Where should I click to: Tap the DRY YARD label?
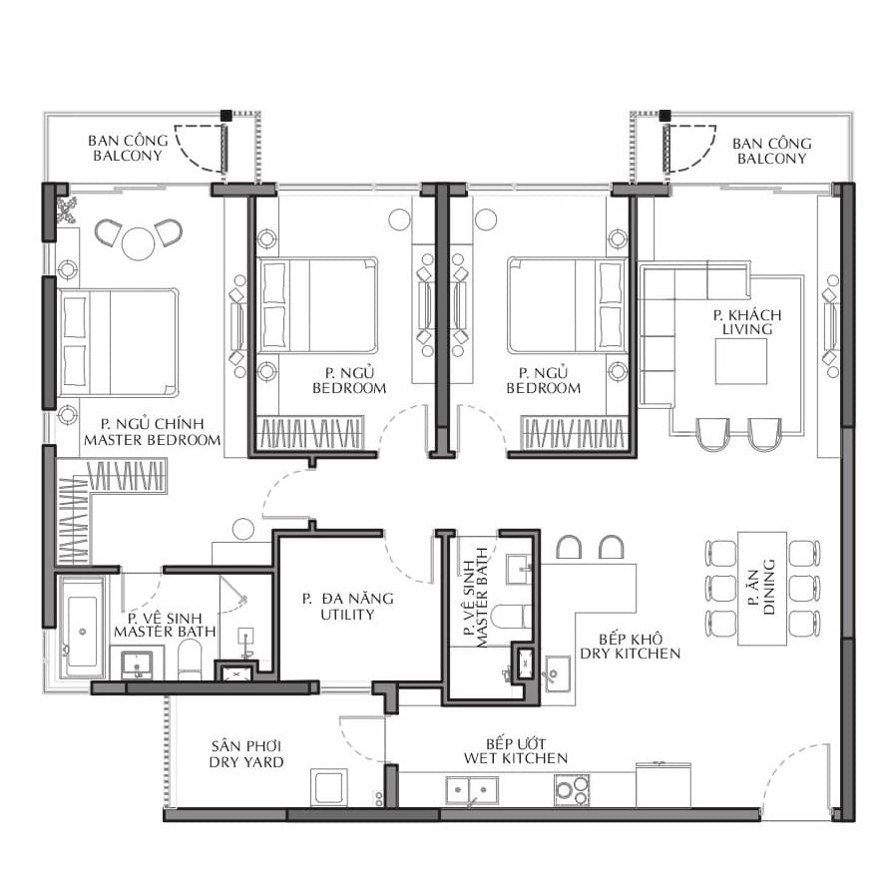coord(246,761)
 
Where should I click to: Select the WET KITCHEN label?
coord(515,758)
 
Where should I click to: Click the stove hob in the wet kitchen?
coord(572,790)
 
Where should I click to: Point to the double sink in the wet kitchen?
coord(472,790)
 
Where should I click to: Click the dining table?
coord(762,589)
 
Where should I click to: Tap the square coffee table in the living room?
coord(740,361)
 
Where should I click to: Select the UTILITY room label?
coord(347,615)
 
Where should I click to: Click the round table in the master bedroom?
coord(138,243)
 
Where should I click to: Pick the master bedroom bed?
coord(118,342)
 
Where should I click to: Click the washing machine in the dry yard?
coord(329,787)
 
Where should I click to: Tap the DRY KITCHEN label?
coord(630,654)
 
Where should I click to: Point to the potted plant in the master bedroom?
coord(66,210)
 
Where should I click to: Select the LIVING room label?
coord(747,329)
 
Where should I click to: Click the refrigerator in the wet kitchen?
coord(664,785)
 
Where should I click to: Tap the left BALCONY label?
coord(128,156)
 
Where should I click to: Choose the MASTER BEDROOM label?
coord(152,440)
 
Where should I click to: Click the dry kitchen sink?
coord(557,673)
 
